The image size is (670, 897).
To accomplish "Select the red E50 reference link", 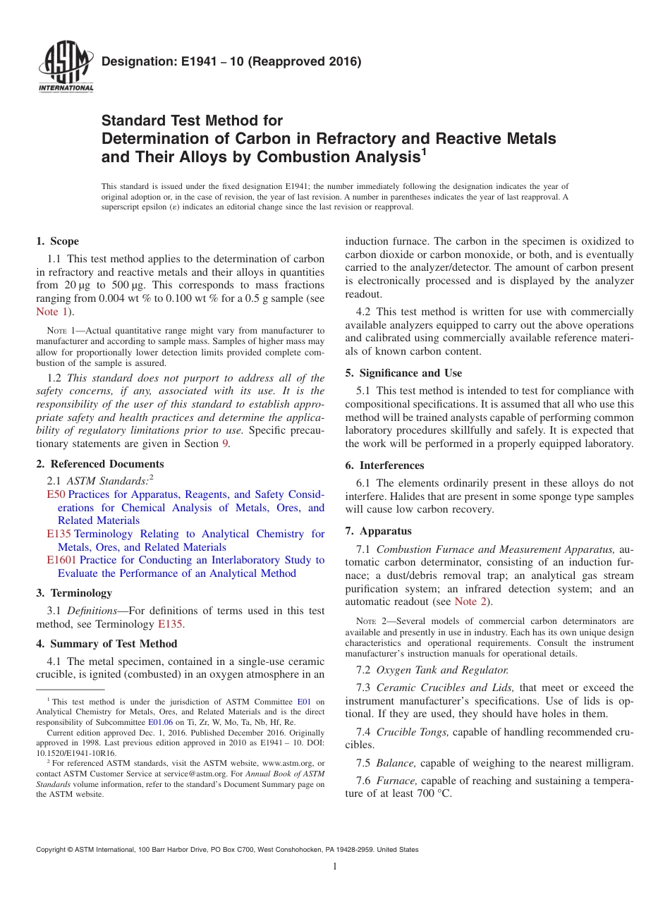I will (x=56, y=494).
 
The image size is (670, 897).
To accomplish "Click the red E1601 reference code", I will (x=61, y=560).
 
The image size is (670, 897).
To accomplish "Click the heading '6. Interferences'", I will (x=384, y=465).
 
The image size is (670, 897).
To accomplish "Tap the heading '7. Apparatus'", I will (x=378, y=531).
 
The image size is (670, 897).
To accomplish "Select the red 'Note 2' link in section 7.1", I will (x=470, y=602).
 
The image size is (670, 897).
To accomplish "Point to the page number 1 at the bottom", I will (x=335, y=867).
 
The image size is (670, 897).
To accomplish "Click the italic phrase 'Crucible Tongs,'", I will (x=413, y=732).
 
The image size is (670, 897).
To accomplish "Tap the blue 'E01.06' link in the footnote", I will (x=159, y=722).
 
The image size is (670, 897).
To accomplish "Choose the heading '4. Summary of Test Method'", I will (x=106, y=644).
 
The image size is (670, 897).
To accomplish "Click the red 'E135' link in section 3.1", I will (x=170, y=624).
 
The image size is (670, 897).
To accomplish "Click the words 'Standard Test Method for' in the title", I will (x=193, y=121).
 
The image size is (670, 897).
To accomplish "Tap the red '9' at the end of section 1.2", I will (x=226, y=444).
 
